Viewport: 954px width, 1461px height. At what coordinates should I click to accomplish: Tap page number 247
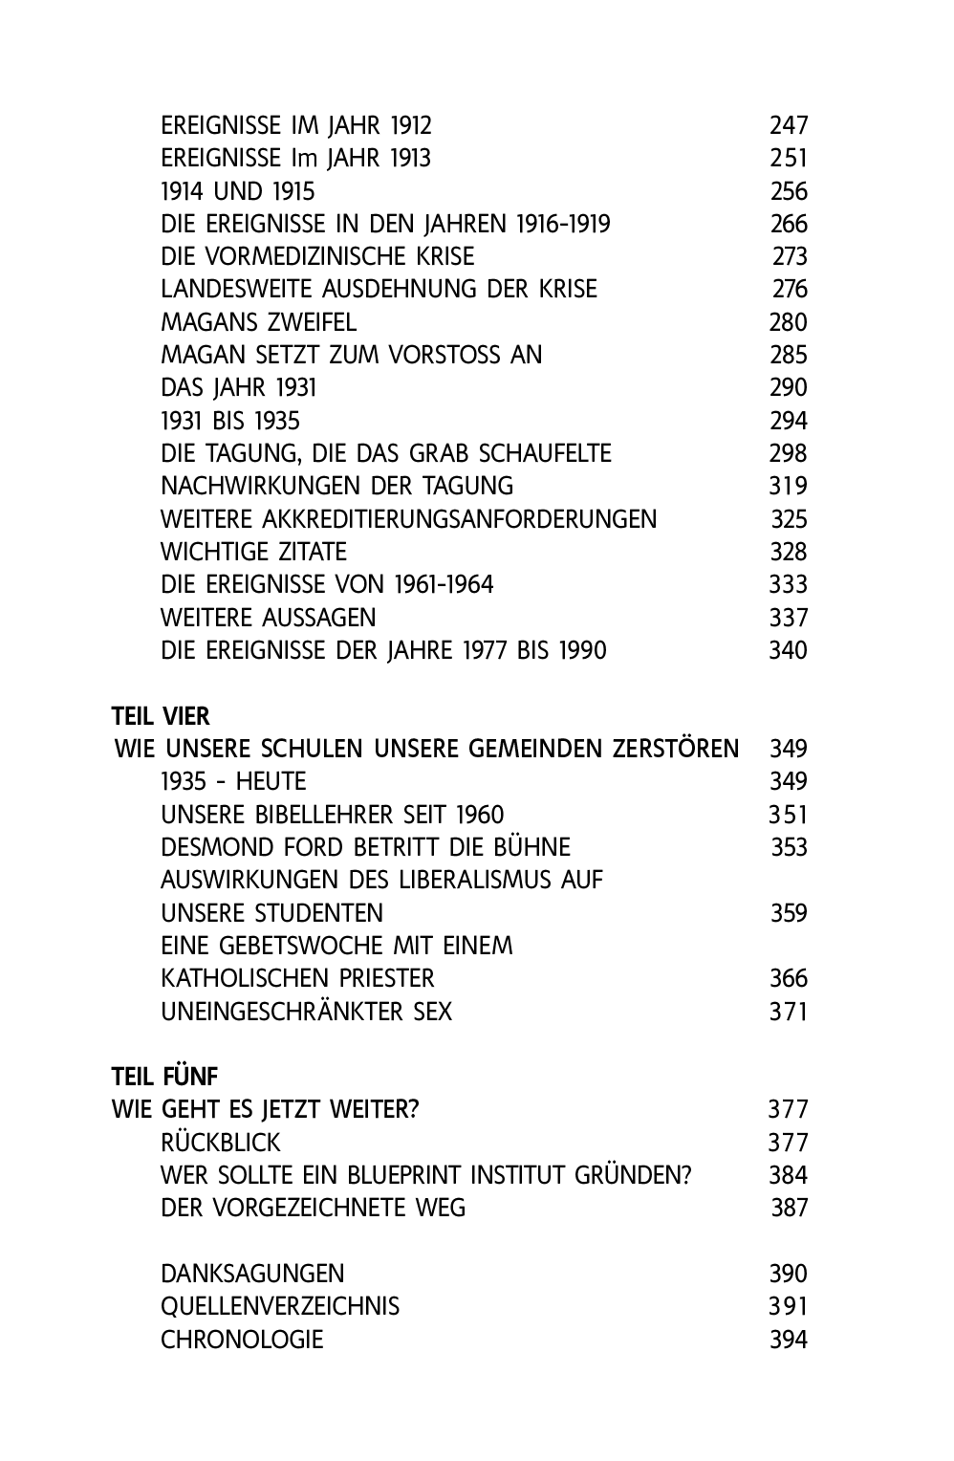click(789, 125)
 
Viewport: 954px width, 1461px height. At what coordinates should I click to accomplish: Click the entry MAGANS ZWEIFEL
click(258, 322)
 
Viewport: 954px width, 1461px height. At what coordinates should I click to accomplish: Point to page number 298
click(789, 453)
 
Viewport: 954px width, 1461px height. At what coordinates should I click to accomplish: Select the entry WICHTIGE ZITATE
click(253, 552)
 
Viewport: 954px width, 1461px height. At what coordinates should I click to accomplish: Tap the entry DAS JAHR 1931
click(238, 387)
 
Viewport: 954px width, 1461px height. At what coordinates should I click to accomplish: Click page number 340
click(789, 650)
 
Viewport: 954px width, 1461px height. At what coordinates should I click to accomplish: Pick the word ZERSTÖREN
click(675, 749)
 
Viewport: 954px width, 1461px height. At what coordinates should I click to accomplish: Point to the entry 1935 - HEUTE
click(233, 781)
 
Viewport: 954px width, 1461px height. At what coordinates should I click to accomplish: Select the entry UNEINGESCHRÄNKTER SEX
click(306, 1011)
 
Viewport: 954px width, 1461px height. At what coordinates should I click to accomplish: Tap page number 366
click(789, 978)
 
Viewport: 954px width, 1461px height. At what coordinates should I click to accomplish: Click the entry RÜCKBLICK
click(221, 1143)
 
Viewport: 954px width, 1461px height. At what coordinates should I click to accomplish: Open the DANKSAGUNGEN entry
click(252, 1274)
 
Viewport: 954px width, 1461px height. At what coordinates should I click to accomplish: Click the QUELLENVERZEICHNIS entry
click(280, 1306)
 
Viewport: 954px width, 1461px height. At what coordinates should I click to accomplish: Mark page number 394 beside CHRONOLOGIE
click(789, 1340)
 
